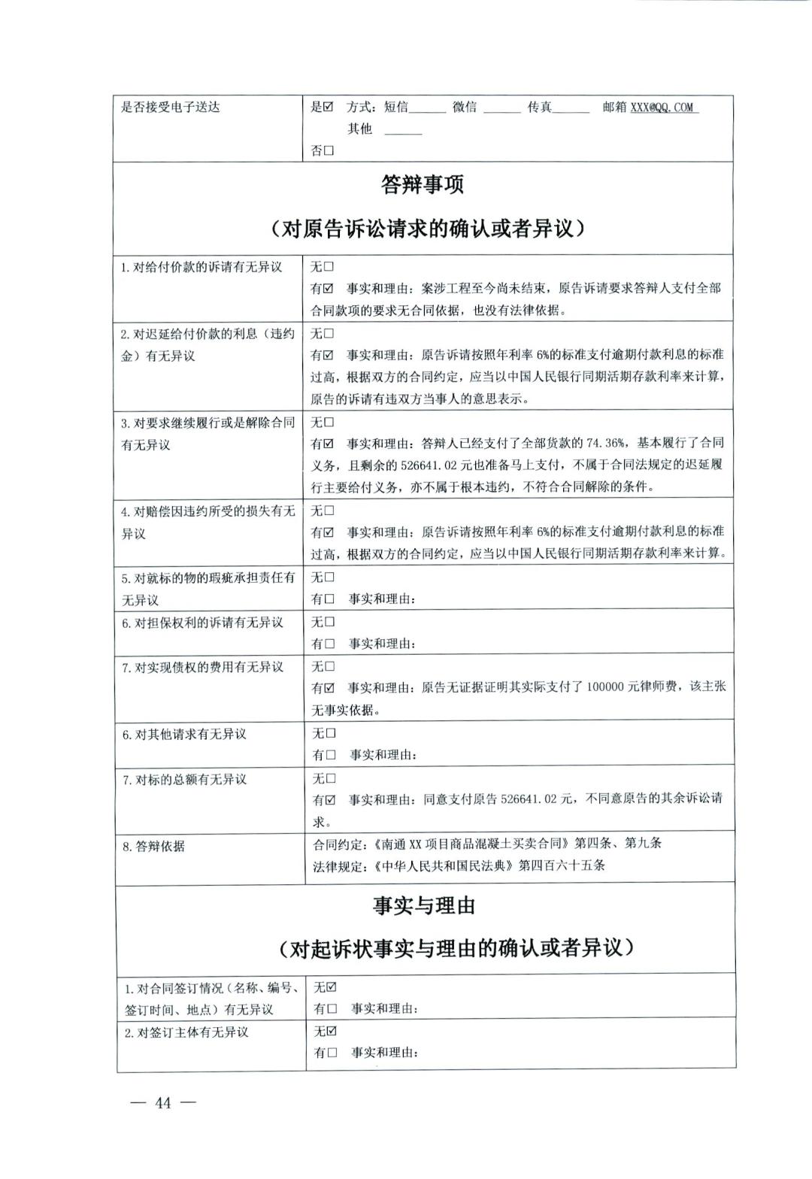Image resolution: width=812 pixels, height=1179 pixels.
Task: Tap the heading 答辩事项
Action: coord(423,184)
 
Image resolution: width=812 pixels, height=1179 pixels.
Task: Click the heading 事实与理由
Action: coord(425,905)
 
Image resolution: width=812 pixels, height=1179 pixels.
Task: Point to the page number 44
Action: coord(163,1103)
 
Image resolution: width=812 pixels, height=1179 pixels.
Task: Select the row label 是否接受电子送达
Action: coord(171,107)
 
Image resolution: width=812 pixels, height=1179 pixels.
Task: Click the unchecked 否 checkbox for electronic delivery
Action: coord(329,151)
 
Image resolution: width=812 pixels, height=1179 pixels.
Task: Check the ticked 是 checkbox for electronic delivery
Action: coord(328,107)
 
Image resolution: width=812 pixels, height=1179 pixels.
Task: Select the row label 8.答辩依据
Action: coord(154,846)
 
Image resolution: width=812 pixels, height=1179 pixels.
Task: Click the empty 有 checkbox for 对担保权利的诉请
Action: coord(329,644)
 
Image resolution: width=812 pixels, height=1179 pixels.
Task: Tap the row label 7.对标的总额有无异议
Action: coord(185,780)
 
